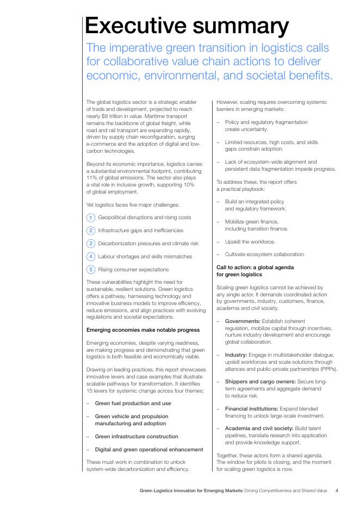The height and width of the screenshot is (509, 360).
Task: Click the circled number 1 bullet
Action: point(91,218)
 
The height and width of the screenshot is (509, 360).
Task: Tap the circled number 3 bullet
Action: point(91,244)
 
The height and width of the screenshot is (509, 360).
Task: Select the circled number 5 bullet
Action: point(91,270)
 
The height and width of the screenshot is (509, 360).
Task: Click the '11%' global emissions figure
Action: point(92,178)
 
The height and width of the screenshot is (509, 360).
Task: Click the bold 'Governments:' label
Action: point(243,321)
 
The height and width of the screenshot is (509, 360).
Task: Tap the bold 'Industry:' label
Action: point(236,355)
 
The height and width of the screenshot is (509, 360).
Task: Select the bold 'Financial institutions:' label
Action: point(252,408)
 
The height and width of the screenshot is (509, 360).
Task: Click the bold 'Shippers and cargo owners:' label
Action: point(260,382)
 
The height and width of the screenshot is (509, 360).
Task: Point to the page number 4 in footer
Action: point(337,491)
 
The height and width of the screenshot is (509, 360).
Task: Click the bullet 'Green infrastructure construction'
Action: point(136,437)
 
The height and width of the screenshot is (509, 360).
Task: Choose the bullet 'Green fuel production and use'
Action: point(133,404)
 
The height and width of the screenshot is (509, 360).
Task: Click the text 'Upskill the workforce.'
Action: point(250,241)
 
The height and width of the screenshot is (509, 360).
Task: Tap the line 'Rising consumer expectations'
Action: point(133,270)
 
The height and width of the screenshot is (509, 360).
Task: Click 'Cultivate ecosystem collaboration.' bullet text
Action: point(265,254)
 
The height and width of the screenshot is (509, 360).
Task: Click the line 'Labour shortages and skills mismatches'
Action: point(145,257)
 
